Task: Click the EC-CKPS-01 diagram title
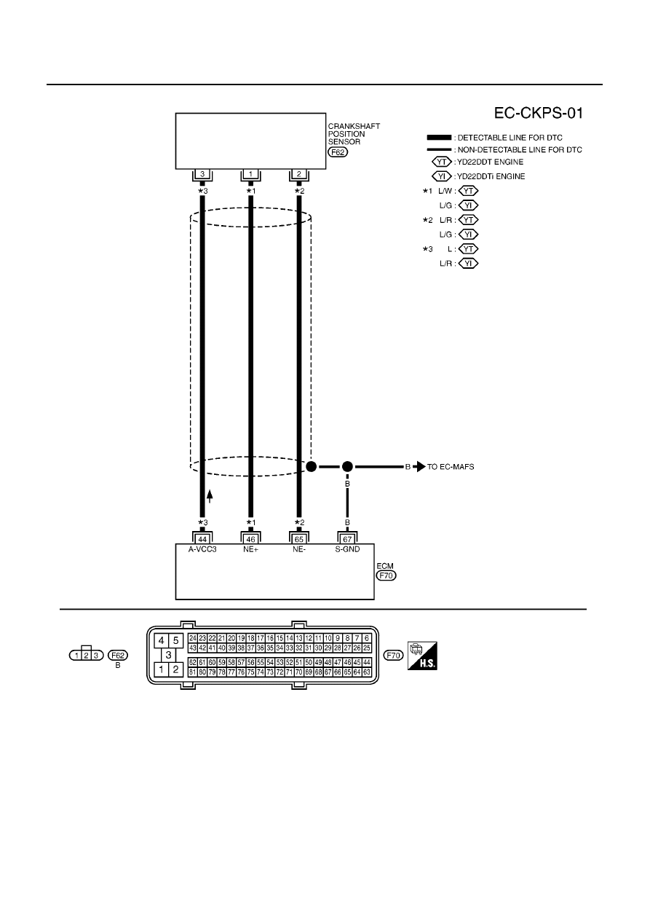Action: tap(538, 113)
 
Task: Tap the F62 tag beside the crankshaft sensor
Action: tap(338, 152)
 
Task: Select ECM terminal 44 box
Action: tap(202, 539)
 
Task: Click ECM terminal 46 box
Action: tap(250, 539)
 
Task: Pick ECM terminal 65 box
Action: tap(299, 539)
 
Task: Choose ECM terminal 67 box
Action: tap(348, 539)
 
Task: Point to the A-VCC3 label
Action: tap(202, 549)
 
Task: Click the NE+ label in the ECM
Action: tap(250, 549)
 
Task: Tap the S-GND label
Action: tap(348, 549)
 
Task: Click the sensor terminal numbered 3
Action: tap(202, 174)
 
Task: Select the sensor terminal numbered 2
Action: tap(299, 174)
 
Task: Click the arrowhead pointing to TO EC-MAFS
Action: tap(419, 467)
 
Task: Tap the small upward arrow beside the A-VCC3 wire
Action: tap(210, 496)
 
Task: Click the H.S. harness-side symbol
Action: tap(422, 656)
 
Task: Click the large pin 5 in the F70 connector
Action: tap(175, 640)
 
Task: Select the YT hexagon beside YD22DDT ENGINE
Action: tap(442, 162)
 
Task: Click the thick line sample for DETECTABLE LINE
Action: tap(439, 138)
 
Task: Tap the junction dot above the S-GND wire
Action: tap(347, 467)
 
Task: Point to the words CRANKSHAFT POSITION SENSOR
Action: tap(354, 134)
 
